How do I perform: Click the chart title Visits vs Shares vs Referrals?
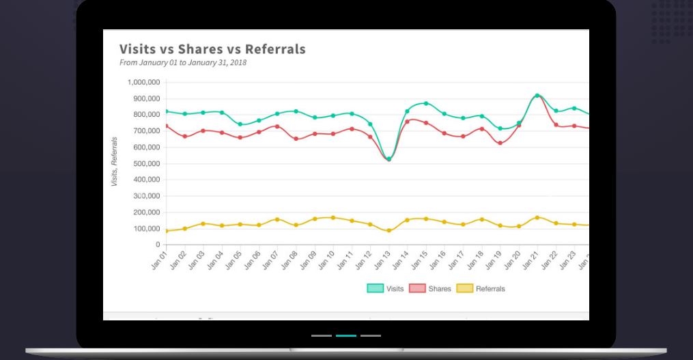click(x=212, y=49)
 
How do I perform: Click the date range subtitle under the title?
click(x=183, y=63)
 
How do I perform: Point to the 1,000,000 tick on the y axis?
click(x=143, y=82)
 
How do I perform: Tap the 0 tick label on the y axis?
click(x=157, y=245)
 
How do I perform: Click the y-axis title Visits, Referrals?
click(x=114, y=162)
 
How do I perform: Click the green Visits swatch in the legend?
click(x=376, y=289)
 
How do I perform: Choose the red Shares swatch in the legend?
click(x=417, y=289)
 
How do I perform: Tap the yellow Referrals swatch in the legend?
click(x=464, y=289)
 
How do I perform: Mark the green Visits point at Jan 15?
click(x=426, y=104)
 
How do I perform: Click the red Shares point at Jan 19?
click(x=500, y=143)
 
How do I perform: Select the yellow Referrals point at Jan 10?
click(x=333, y=218)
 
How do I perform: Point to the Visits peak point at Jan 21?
click(x=537, y=96)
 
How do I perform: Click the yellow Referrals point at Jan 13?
click(x=388, y=231)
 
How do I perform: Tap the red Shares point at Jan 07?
click(x=277, y=126)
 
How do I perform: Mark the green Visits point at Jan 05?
click(x=240, y=124)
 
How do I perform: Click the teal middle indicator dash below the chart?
click(x=346, y=336)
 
